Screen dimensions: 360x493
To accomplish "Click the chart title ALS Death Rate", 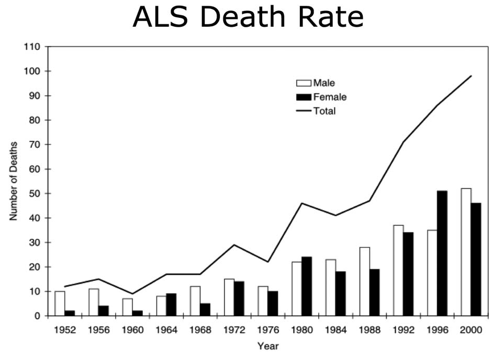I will click(x=248, y=17).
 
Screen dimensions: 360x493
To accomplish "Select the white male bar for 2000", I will click(x=466, y=252).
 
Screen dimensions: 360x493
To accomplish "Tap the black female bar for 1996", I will click(x=442, y=253).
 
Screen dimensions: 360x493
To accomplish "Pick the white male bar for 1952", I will click(x=60, y=303).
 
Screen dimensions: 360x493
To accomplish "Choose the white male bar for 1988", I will click(x=364, y=282).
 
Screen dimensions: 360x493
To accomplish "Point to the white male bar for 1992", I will click(x=398, y=271).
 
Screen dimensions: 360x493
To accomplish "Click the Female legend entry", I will click(x=321, y=97).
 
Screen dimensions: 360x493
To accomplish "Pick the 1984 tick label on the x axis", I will click(x=335, y=331).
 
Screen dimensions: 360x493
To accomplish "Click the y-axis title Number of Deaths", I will click(x=14, y=181).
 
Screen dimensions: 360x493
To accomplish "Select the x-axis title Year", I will click(x=267, y=346).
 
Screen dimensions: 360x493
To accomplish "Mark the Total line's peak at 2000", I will click(x=471, y=76).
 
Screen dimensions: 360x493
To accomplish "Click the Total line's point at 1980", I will click(x=301, y=203).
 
